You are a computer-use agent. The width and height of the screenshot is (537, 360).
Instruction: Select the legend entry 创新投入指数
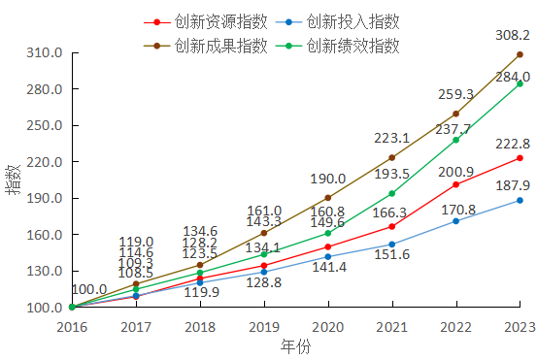point(352,21)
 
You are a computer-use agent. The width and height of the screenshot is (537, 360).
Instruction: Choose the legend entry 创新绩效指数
point(352,46)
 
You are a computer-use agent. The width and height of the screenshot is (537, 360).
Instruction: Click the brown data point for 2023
point(520,54)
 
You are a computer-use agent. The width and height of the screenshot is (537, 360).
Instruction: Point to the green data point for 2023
point(520,83)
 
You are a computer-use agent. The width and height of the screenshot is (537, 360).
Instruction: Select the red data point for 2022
point(455,184)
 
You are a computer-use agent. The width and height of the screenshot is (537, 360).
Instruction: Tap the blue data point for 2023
point(520,201)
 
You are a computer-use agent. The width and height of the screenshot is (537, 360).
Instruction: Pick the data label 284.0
point(511,77)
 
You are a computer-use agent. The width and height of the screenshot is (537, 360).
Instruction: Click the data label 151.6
point(391,255)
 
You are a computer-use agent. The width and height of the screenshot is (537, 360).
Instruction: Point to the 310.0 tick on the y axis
point(45,52)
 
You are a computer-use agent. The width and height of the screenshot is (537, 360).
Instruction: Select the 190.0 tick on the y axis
point(45,198)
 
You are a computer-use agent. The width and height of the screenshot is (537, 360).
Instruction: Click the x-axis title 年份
point(294,346)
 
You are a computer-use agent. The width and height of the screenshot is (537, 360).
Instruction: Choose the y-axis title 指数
point(13,180)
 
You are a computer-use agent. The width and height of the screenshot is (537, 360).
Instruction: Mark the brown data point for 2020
point(327,198)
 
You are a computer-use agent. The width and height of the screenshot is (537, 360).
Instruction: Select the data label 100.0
point(89,289)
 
